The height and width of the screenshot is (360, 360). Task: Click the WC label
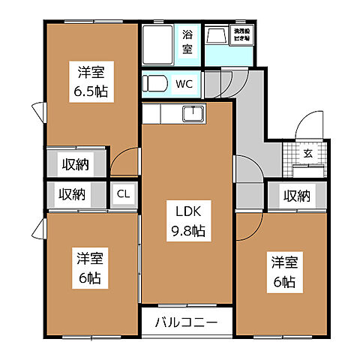[x=185, y=84]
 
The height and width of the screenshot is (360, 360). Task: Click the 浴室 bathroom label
[x=186, y=42]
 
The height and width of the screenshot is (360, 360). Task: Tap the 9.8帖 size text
[x=187, y=231]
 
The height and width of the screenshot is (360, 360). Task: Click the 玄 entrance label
[x=308, y=153]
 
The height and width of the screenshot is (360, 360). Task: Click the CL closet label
[x=124, y=194]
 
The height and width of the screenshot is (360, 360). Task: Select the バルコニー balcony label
[x=187, y=323]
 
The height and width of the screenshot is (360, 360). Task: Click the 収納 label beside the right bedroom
[x=297, y=196]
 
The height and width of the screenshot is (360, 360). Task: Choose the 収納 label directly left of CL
[x=73, y=194]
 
